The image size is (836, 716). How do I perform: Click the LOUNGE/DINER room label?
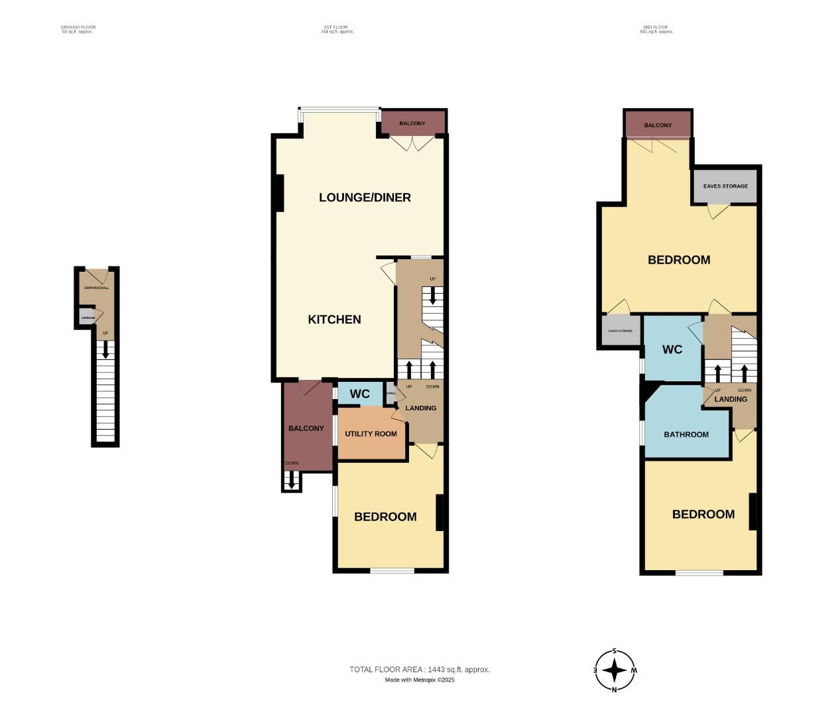point(365,198)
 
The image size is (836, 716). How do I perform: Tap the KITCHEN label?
point(334,320)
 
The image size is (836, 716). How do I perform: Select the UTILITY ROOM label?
point(371,434)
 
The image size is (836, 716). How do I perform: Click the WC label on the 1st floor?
point(359,394)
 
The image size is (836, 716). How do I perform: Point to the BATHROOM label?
point(686,435)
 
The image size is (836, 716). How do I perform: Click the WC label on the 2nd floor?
point(672,349)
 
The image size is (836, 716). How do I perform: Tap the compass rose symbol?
point(615,670)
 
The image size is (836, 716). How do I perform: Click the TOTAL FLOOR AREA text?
point(419,670)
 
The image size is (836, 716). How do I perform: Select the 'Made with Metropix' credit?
point(419,680)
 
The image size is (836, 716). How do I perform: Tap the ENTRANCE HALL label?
point(97,288)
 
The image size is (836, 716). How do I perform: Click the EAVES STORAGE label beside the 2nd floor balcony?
point(725,186)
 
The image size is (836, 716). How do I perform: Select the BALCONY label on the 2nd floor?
point(658,125)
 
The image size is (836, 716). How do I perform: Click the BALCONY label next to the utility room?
point(306,428)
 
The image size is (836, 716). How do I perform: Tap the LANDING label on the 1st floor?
point(420,408)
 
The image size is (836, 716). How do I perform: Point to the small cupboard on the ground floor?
point(88,318)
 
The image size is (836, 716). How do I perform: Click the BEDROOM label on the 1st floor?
point(385,517)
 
